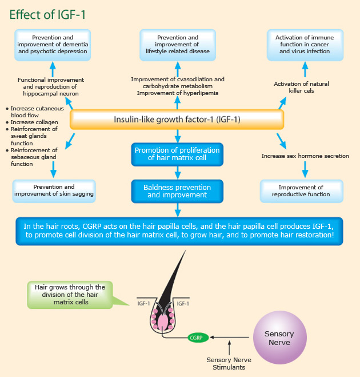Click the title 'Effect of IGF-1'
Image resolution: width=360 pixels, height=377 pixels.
47,14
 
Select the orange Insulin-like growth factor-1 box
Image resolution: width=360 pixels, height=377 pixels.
177,120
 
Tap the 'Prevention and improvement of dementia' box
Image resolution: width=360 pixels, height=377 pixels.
52,45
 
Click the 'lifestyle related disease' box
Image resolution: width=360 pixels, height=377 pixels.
177,45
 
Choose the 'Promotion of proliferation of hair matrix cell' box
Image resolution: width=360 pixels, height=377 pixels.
177,154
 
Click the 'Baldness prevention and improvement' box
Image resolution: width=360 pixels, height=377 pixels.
177,191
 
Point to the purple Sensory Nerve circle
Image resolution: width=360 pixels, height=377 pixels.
278,338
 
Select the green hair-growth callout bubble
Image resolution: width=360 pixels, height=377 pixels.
70,295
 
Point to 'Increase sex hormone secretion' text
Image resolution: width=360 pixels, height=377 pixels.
305,156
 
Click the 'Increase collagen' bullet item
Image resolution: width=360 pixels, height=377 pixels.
31,122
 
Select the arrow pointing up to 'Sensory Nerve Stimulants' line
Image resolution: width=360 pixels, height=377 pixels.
229,347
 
